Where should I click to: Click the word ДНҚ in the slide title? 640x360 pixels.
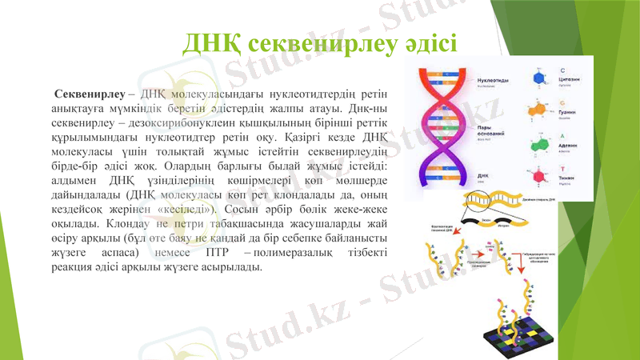(x=212, y=42)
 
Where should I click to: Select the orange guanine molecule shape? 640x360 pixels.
(x=539, y=111)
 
